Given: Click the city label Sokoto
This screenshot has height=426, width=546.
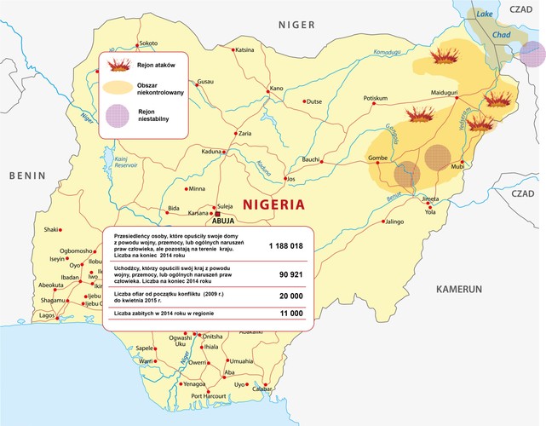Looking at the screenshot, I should (149, 43).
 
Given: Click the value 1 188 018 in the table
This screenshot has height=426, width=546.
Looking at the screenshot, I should (285, 245).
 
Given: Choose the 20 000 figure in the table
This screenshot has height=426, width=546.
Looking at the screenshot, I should (285, 296).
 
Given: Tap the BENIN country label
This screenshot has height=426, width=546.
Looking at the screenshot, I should (26, 175).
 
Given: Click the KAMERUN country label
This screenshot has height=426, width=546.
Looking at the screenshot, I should (459, 290).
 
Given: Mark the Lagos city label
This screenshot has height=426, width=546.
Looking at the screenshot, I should (48, 315).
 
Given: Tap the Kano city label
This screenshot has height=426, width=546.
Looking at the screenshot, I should (276, 88).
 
